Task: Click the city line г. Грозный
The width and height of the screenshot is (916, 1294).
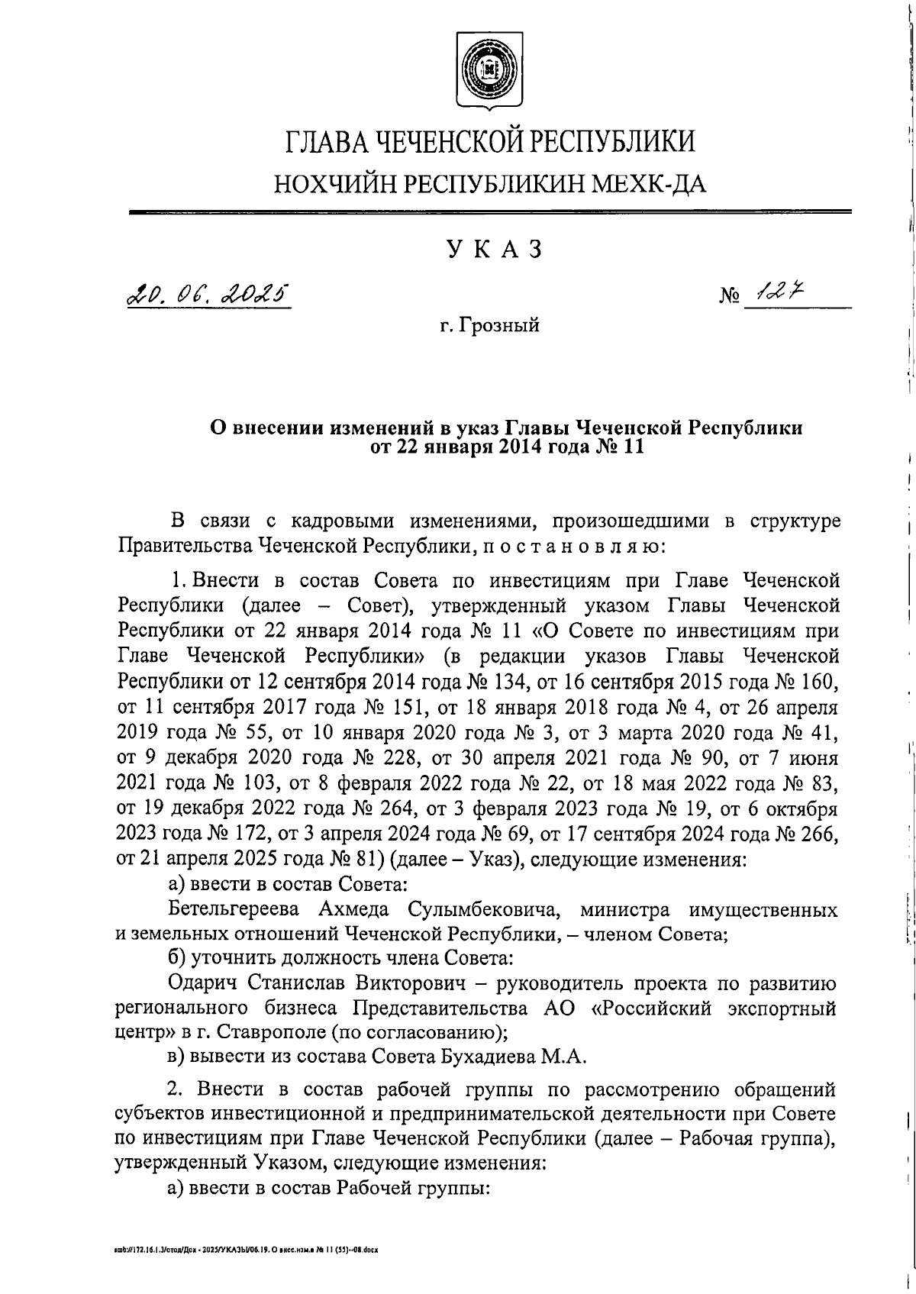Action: [x=489, y=326]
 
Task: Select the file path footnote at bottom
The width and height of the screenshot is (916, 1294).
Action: [x=247, y=1250]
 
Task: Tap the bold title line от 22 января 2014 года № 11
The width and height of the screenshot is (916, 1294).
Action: [x=507, y=446]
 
